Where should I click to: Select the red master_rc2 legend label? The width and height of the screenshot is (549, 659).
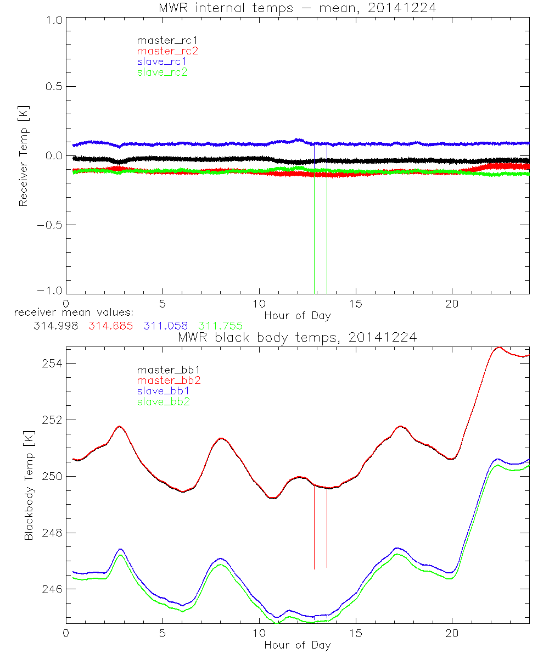167,51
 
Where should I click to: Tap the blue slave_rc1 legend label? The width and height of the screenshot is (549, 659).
162,62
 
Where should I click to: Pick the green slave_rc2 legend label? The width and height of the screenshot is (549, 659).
162,72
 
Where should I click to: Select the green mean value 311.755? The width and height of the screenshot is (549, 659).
221,326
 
